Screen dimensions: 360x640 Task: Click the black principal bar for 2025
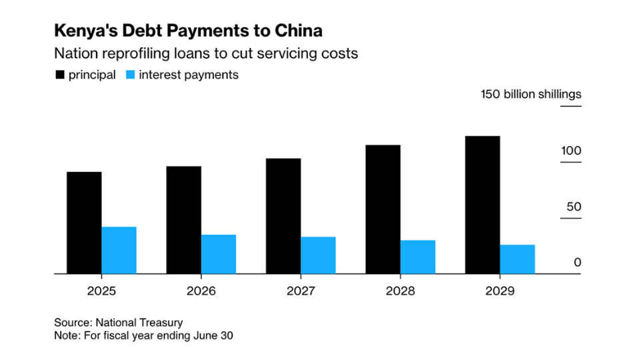84,223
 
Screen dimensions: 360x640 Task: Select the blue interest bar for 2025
119,250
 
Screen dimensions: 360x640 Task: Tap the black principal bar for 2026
183,220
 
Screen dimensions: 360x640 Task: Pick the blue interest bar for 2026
219,254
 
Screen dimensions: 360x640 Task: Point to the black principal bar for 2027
283,216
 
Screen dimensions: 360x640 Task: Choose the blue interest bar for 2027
318,255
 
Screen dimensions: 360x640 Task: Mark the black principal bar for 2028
383,209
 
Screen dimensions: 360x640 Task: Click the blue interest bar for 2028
418,257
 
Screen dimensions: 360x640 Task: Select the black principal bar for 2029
483,205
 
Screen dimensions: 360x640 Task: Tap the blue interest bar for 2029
517,259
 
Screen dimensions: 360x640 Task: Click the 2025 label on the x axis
101,291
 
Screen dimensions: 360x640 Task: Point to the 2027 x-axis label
301,291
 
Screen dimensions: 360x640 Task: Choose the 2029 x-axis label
500,291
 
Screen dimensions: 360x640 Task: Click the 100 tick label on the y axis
571,151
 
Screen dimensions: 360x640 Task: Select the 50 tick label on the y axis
574,207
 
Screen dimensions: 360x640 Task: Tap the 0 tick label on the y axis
577,263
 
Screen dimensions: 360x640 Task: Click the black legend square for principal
59,75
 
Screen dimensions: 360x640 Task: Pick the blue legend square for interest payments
130,75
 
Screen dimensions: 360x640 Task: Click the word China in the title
298,31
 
